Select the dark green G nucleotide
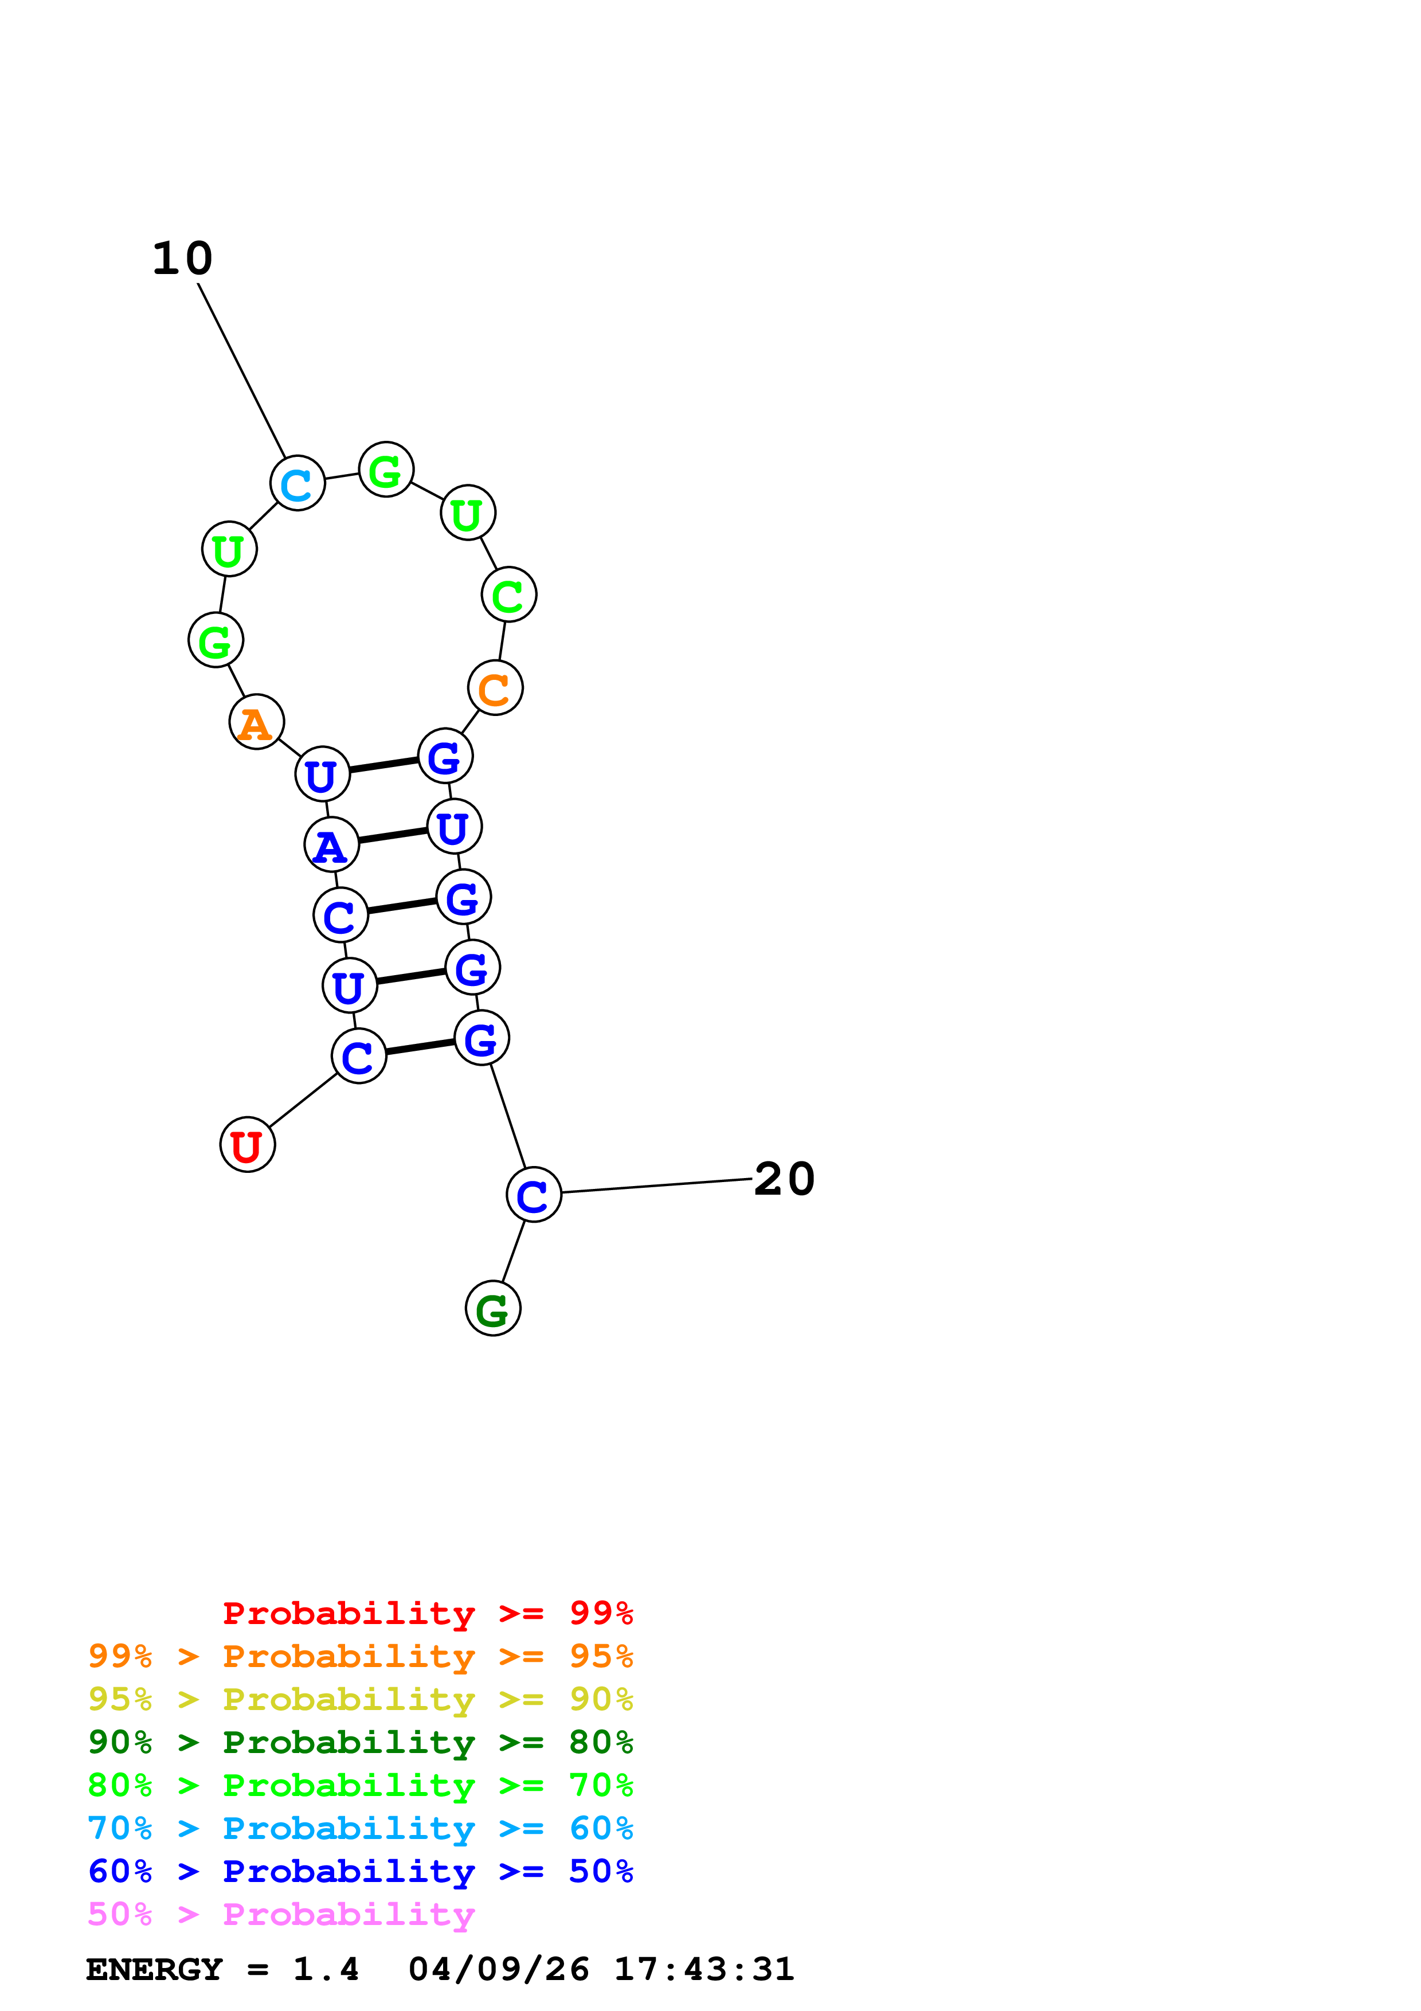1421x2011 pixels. coord(493,1309)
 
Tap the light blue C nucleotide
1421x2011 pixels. coord(297,483)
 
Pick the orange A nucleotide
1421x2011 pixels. coord(256,722)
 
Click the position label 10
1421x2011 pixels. coord(182,259)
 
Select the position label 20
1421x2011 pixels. coord(784,1179)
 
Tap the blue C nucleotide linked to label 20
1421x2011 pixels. coord(533,1195)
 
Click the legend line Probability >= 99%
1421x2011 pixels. coord(427,1613)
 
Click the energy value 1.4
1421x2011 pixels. coord(326,1969)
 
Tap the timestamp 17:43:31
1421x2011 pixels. coord(704,1969)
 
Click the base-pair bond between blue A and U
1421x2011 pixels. coord(392,836)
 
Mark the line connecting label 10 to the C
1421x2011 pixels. coord(242,370)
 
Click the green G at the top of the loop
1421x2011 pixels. coord(386,470)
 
